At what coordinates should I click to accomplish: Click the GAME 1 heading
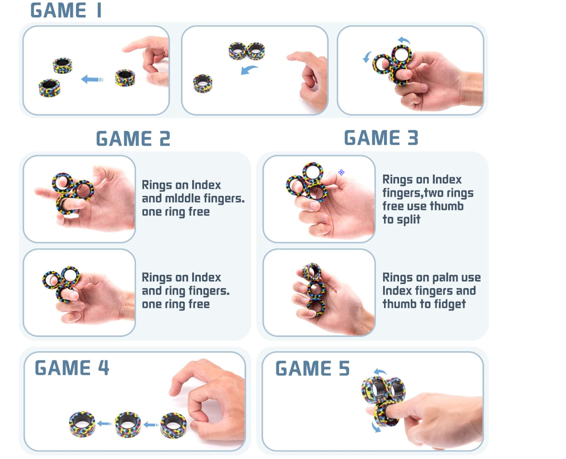click(66, 10)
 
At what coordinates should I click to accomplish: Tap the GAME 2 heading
click(133, 139)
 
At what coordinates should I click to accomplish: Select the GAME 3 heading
click(381, 138)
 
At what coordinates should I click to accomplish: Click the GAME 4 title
click(72, 368)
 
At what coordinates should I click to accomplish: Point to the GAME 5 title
click(312, 369)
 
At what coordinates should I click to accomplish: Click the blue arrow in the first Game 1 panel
click(92, 80)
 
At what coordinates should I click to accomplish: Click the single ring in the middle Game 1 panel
click(203, 84)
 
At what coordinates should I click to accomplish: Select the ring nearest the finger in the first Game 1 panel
click(125, 77)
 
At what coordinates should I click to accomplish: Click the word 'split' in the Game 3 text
click(407, 219)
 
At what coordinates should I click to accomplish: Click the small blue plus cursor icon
click(341, 172)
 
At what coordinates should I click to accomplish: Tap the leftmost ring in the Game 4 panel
click(82, 424)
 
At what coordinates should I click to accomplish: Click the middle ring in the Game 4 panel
click(128, 424)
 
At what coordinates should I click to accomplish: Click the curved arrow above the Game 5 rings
click(380, 372)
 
